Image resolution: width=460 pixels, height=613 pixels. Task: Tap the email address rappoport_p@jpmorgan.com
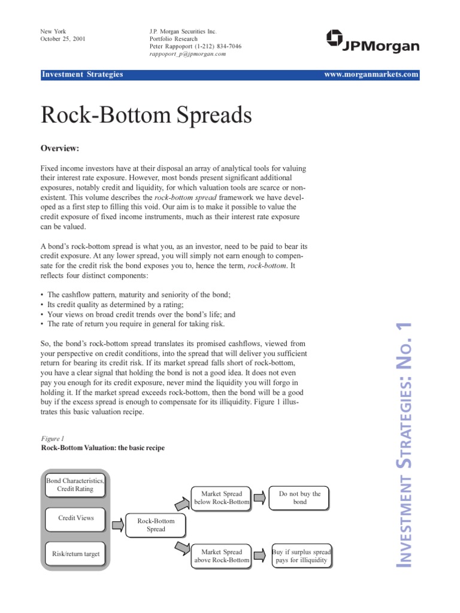tap(187, 54)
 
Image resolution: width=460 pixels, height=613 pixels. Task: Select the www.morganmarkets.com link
tap(371, 74)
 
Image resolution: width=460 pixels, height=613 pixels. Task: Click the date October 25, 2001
tap(62, 39)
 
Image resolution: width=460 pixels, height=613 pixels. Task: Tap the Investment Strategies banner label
tap(82, 74)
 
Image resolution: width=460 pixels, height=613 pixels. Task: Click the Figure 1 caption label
tap(52, 439)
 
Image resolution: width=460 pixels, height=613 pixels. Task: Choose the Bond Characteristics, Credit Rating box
tap(75, 485)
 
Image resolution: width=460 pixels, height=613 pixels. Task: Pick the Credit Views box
tap(75, 518)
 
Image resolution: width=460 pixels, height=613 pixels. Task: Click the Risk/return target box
tap(75, 554)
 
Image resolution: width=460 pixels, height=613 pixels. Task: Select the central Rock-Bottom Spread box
tap(156, 525)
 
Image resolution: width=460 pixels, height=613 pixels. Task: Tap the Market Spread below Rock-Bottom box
tap(221, 498)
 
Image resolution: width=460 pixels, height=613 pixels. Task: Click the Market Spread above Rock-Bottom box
tap(221, 556)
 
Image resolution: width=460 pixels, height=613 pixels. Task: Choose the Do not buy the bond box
tap(299, 498)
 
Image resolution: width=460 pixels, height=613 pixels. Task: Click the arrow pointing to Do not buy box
tap(259, 497)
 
